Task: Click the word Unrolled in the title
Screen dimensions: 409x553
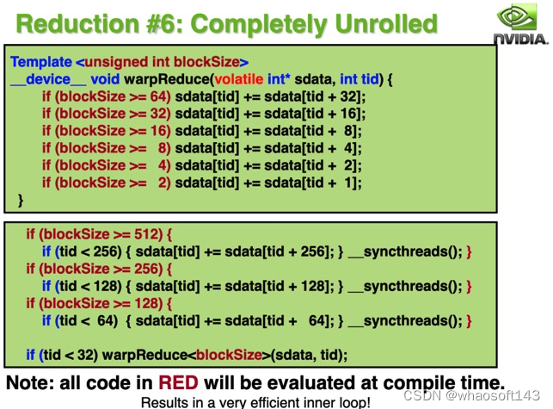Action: coord(377,23)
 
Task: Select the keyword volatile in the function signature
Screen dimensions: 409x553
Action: coord(244,79)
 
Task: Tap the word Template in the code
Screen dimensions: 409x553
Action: coord(41,62)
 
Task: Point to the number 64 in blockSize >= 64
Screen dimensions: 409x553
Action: coord(160,96)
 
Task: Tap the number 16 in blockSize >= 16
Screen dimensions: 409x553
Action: coord(160,131)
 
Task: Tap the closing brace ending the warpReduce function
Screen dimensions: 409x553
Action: coord(21,200)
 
